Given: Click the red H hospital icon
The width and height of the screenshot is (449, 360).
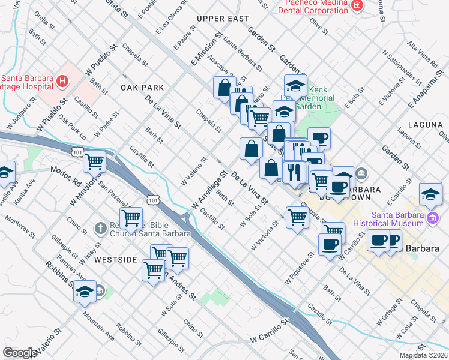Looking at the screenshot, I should (61, 80).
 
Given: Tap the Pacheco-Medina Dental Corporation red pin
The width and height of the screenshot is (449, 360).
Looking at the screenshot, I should (358, 6).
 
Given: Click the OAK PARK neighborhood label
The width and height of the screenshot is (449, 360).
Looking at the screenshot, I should (142, 88).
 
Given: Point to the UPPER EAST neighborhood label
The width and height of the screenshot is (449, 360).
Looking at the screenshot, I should (223, 19).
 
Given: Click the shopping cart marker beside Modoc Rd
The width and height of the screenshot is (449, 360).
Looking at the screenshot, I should (95, 161).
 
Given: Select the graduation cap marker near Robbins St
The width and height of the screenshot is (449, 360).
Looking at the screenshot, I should (85, 292).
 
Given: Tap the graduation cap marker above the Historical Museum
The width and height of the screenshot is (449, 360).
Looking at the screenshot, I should (431, 194).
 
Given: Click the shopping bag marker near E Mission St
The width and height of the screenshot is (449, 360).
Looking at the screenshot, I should (224, 88).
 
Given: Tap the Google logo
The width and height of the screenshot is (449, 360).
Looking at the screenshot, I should (20, 353).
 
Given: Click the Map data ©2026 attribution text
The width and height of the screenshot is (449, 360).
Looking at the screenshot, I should (423, 355).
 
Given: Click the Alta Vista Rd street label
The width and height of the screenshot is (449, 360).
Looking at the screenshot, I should (422, 53).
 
